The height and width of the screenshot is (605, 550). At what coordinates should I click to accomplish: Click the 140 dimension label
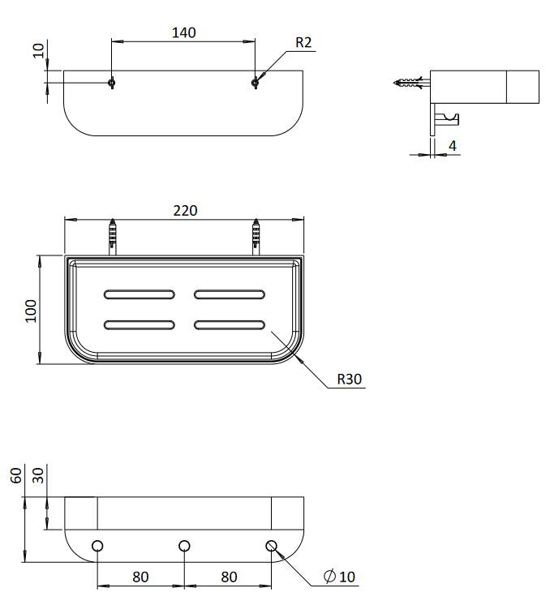(x=183, y=32)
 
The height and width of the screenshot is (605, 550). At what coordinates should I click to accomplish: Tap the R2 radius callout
(x=303, y=42)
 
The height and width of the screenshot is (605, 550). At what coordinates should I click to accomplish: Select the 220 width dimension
(x=185, y=211)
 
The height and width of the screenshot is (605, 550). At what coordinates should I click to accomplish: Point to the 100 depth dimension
(x=31, y=311)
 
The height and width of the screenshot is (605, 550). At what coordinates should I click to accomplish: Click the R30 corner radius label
(x=350, y=379)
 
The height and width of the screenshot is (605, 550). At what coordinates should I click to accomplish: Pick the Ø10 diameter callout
(x=339, y=577)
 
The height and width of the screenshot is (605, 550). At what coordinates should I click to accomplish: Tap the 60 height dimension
(x=16, y=475)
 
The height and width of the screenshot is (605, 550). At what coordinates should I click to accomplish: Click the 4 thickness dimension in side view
(x=453, y=146)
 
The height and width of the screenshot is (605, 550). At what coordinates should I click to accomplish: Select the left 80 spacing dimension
(x=140, y=577)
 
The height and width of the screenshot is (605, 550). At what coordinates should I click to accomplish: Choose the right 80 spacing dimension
(x=229, y=577)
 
